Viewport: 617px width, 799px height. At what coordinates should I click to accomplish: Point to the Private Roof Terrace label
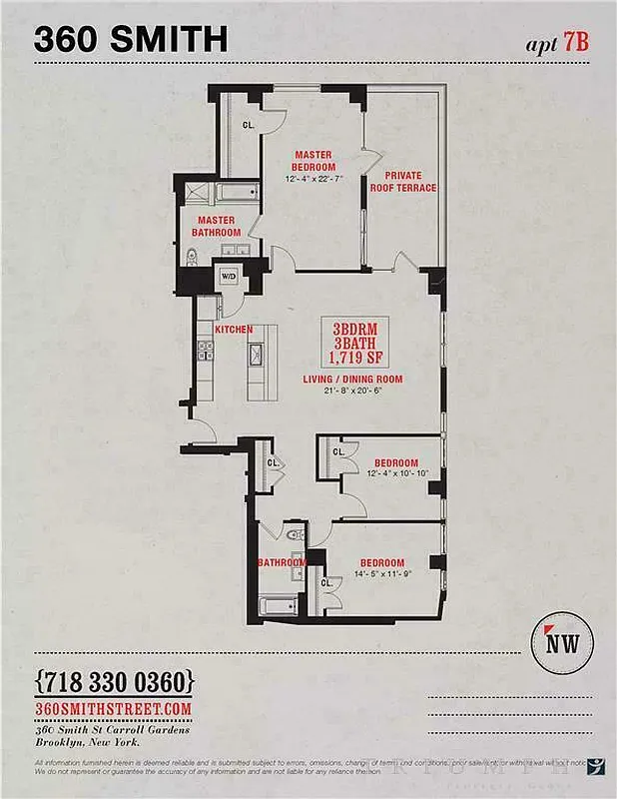[x=403, y=181]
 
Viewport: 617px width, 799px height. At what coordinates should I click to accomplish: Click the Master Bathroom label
[x=216, y=226]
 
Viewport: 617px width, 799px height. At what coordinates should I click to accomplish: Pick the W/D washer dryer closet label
[x=229, y=277]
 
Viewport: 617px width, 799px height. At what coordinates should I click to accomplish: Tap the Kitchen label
[x=234, y=330]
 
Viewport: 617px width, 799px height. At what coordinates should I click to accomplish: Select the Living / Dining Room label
[x=352, y=380]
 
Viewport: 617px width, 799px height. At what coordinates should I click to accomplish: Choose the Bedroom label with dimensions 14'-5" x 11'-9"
[x=383, y=562]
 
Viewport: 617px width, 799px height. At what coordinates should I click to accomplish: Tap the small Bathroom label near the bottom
[x=283, y=562]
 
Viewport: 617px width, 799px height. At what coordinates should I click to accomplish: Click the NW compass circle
[x=570, y=642]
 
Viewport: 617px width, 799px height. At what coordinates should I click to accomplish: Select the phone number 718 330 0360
[x=113, y=683]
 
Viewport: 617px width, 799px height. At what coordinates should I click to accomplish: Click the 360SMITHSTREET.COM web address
[x=114, y=707]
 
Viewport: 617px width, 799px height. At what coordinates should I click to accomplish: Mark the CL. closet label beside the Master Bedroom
[x=249, y=125]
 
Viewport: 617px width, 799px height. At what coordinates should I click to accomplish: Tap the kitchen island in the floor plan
[x=255, y=368]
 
